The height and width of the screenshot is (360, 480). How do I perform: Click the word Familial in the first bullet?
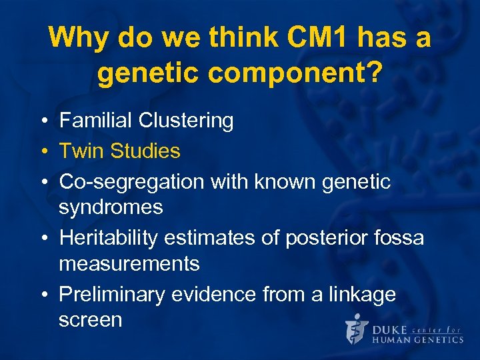coord(96,121)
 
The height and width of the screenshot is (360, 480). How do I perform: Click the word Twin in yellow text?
coord(81,151)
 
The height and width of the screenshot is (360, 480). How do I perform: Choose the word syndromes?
coord(111,207)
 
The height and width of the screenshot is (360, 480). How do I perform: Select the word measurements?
coord(129,263)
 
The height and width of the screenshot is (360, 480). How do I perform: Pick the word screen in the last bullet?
coord(91,319)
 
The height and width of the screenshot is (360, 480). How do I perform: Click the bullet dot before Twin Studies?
coord(42,151)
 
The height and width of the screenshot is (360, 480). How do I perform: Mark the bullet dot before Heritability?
coord(42,238)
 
